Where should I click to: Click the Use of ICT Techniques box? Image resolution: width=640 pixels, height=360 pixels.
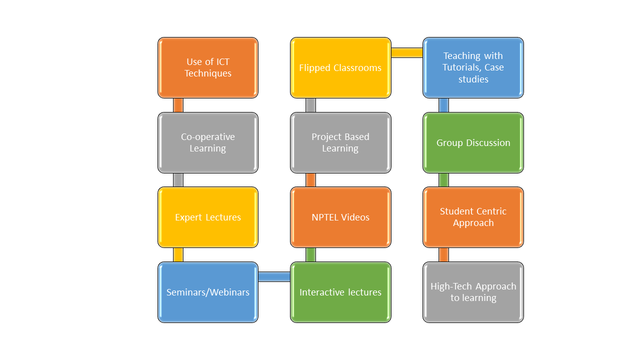[x=208, y=67]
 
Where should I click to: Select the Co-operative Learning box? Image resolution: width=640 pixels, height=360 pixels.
[x=208, y=142]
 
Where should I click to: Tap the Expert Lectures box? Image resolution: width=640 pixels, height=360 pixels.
[x=208, y=217]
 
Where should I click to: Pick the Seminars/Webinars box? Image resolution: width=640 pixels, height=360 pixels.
[x=208, y=292]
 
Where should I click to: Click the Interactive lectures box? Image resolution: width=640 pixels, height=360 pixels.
[x=340, y=292]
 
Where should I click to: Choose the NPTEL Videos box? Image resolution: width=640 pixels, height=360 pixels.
[x=340, y=217]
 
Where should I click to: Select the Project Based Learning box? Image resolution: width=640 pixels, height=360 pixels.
[x=340, y=142]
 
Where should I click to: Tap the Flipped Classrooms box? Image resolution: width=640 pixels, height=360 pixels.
[x=340, y=67]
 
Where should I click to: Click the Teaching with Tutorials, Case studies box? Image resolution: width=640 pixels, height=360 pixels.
[x=473, y=67]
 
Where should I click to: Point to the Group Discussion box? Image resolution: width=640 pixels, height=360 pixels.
[x=473, y=142]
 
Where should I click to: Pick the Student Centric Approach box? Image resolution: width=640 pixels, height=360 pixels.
[x=473, y=217]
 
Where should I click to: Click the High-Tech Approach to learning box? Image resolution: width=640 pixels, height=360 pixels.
[x=473, y=292]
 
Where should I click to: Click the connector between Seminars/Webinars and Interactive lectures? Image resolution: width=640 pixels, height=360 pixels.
[x=274, y=276]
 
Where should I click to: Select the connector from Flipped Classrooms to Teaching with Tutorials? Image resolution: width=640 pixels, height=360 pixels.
[x=406, y=52]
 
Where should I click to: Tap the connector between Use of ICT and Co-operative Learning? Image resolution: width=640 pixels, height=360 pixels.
[x=178, y=105]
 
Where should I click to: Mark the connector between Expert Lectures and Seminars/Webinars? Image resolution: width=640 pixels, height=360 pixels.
[x=178, y=254]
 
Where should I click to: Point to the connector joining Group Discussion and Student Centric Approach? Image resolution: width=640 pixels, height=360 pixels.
[x=443, y=180]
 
